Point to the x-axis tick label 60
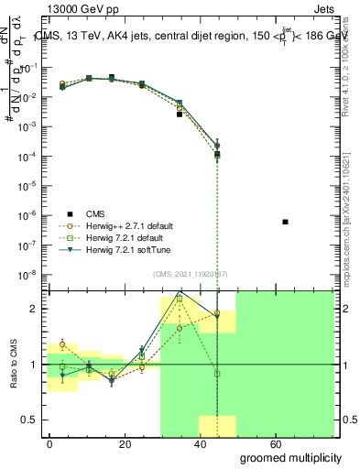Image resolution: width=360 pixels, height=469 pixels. (x=300, y=444)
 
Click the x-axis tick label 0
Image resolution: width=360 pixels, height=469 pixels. (x=50, y=444)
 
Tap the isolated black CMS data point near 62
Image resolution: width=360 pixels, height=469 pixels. (x=286, y=222)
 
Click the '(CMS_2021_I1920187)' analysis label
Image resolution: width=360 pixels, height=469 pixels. (x=191, y=275)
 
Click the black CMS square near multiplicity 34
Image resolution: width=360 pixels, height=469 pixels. (x=180, y=115)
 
